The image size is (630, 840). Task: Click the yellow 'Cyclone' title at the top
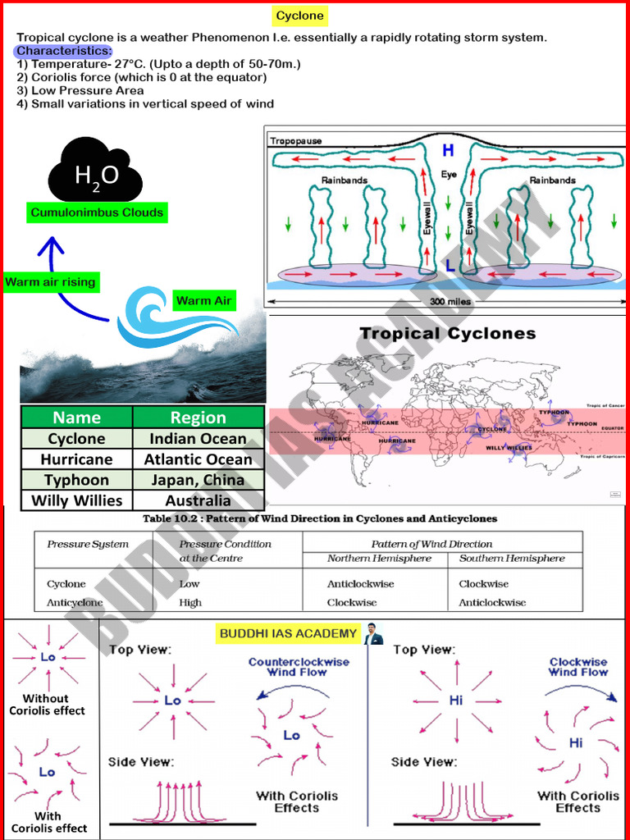pos(299,16)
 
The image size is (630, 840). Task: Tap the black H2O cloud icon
pos(96,172)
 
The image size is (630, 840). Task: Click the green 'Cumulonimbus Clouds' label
pos(97,212)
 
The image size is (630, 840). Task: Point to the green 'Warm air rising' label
pos(50,282)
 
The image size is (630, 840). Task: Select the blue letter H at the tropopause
pos(448,150)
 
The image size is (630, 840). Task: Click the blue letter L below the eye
pos(450,265)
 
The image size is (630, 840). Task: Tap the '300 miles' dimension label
pos(449,302)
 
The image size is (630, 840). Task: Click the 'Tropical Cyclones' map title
pos(447,333)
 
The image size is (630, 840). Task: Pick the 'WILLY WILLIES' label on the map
pos(508,448)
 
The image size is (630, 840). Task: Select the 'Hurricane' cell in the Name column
pos(76,459)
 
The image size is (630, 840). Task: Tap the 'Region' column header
pos(198,417)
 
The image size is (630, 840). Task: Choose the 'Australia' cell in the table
pos(198,500)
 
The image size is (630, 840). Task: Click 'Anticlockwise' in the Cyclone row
pos(360,584)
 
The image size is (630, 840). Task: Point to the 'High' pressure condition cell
pos(190,602)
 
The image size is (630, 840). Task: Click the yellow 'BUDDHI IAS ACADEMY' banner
pos(288,633)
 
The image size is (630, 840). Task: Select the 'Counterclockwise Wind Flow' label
pos(299,667)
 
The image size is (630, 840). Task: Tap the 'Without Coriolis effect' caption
pos(47,705)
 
